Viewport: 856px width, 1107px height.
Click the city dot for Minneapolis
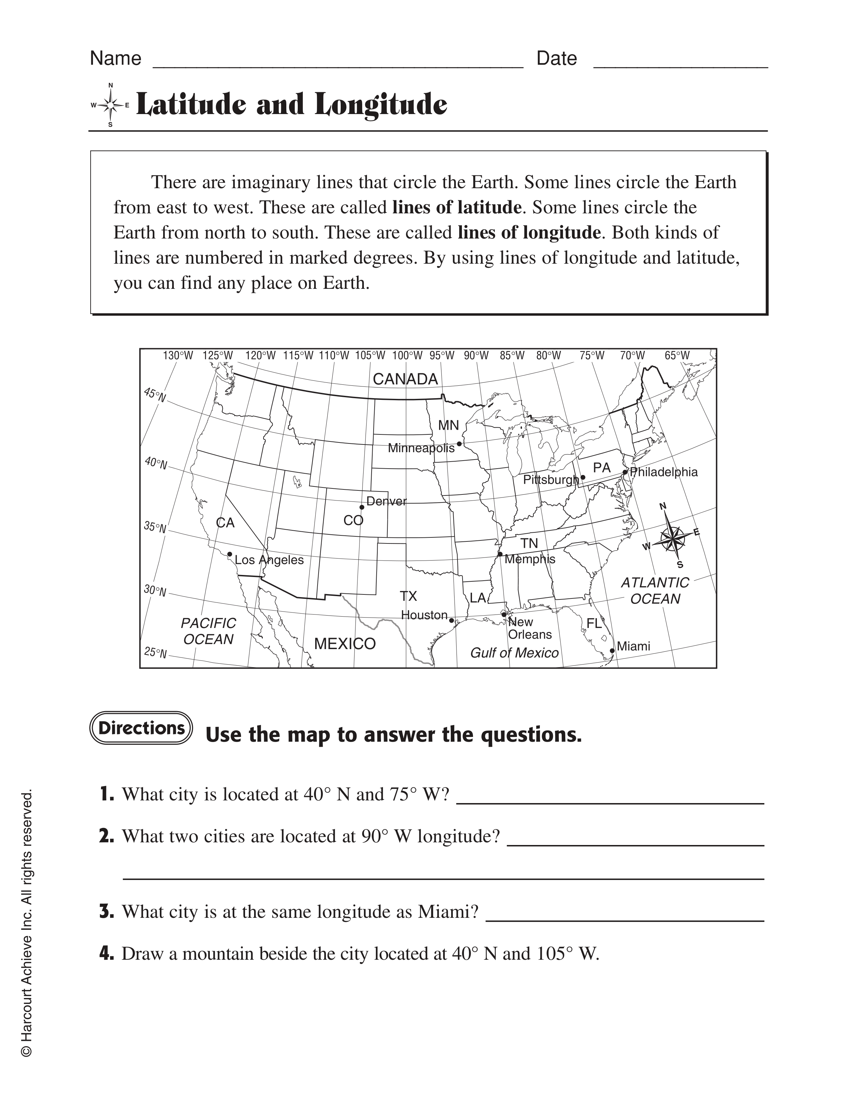coord(459,443)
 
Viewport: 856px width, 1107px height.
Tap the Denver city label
coord(386,501)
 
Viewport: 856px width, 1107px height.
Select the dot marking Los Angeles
coord(230,554)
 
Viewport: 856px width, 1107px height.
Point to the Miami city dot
coord(612,650)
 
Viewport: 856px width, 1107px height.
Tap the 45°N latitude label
coord(155,394)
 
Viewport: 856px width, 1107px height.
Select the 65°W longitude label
coord(677,355)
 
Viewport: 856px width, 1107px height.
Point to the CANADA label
coord(405,379)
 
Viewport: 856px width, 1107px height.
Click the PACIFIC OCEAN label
coord(208,631)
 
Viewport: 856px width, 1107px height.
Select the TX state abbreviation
coord(408,595)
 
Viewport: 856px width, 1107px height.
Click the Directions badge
coord(141,728)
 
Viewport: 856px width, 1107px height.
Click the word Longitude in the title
coord(381,105)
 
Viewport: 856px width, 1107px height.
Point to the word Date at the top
coord(556,59)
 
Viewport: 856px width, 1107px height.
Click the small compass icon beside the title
coord(110,105)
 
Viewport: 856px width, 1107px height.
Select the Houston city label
coord(424,615)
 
